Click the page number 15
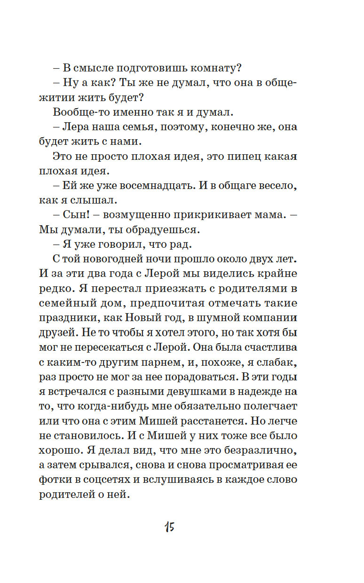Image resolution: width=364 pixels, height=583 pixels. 169,527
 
